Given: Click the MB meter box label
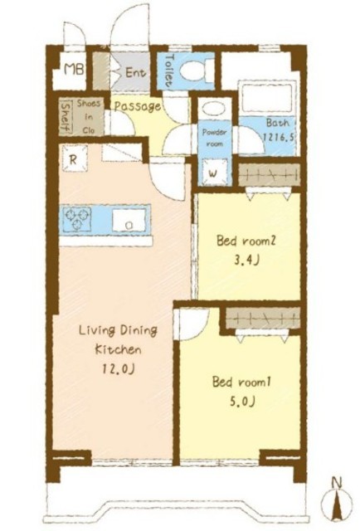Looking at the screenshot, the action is [x=74, y=70].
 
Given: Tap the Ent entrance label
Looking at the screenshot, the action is [x=136, y=72].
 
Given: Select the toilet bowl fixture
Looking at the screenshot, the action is [x=197, y=71].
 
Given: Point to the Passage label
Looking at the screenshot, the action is [x=137, y=106].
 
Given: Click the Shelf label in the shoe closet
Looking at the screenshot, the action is [x=66, y=117].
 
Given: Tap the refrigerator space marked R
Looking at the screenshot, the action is [x=75, y=158].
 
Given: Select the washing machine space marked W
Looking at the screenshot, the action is [x=213, y=173].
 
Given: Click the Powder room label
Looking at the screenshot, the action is [x=214, y=138].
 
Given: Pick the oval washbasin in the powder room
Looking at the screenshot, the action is [x=213, y=109].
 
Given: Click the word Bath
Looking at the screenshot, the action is [x=278, y=123].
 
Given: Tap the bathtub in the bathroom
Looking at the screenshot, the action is [x=265, y=97].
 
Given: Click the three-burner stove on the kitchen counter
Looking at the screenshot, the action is [x=77, y=219].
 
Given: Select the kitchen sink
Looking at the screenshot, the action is [x=129, y=220].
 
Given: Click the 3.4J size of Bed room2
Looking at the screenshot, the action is [x=246, y=261].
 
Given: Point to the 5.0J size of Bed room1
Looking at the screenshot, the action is [x=242, y=402].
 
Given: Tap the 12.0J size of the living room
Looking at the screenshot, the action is [x=118, y=368].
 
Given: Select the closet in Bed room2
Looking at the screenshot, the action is [x=270, y=175].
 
